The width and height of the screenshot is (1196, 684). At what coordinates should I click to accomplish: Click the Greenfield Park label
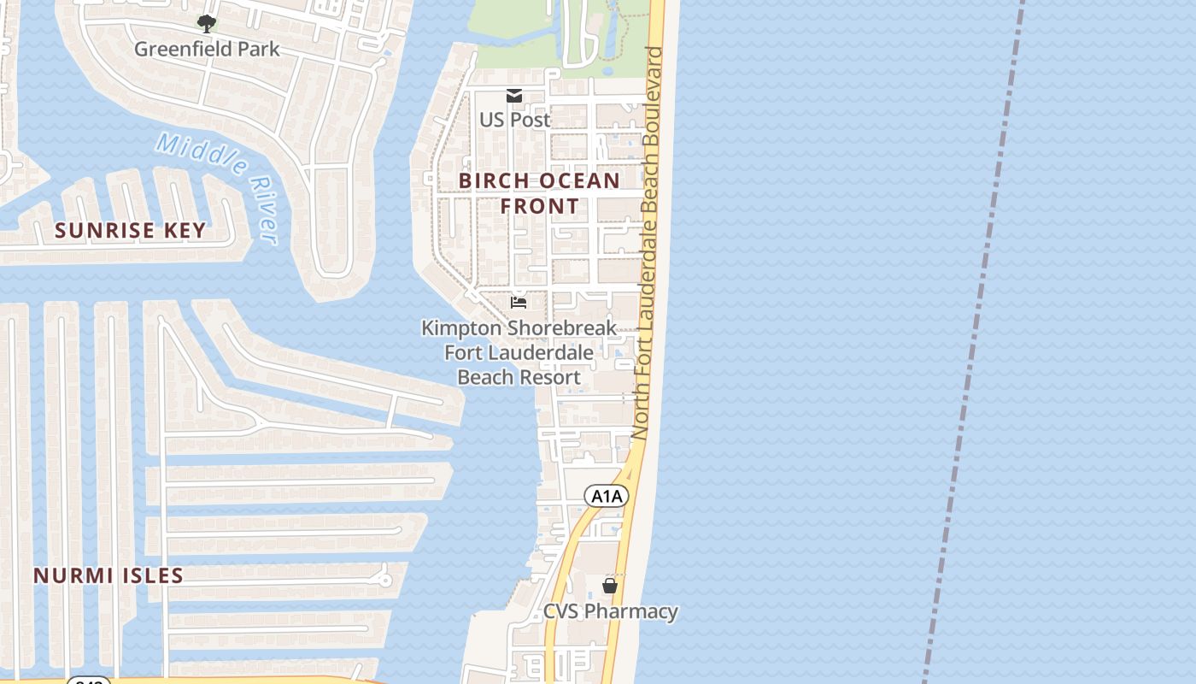pyautogui.click(x=207, y=49)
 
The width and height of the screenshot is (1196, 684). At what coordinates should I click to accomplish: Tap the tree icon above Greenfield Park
pyautogui.click(x=206, y=23)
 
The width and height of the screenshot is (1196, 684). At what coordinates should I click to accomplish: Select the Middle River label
pyautogui.click(x=219, y=186)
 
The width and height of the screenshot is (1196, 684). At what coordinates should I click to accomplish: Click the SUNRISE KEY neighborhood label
pyautogui.click(x=131, y=230)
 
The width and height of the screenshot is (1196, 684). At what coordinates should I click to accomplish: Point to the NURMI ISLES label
pyautogui.click(x=108, y=575)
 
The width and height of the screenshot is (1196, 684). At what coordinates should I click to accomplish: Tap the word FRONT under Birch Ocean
pyautogui.click(x=539, y=206)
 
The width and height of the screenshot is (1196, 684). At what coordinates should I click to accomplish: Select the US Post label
pyautogui.click(x=515, y=120)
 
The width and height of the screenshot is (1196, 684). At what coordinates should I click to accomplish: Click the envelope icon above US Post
pyautogui.click(x=514, y=96)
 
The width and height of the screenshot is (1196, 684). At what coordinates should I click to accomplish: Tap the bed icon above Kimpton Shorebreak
pyautogui.click(x=519, y=302)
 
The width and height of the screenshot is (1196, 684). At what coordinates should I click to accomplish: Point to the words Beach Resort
pyautogui.click(x=519, y=377)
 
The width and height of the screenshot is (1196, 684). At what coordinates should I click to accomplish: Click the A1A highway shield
pyautogui.click(x=607, y=496)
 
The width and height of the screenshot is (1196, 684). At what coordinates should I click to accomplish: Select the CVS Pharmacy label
pyautogui.click(x=611, y=611)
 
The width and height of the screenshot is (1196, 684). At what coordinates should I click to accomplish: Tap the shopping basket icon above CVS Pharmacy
pyautogui.click(x=610, y=586)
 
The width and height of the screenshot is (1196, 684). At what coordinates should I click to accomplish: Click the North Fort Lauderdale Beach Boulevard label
pyautogui.click(x=649, y=244)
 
